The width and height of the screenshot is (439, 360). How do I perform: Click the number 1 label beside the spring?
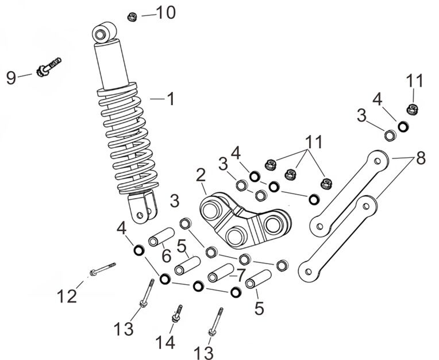tap(170, 99)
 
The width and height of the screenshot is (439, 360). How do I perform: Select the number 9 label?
tap(11, 78)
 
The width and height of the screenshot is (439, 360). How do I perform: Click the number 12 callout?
tap(67, 297)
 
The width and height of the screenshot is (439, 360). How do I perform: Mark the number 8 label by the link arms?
tap(421, 157)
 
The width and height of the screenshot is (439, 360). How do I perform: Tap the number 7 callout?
tap(241, 274)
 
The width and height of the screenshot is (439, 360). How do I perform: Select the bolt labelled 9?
tap(48, 68)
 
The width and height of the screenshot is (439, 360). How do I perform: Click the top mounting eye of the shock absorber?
tap(105, 33)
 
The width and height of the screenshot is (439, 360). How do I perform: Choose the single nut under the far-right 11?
tap(411, 108)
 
